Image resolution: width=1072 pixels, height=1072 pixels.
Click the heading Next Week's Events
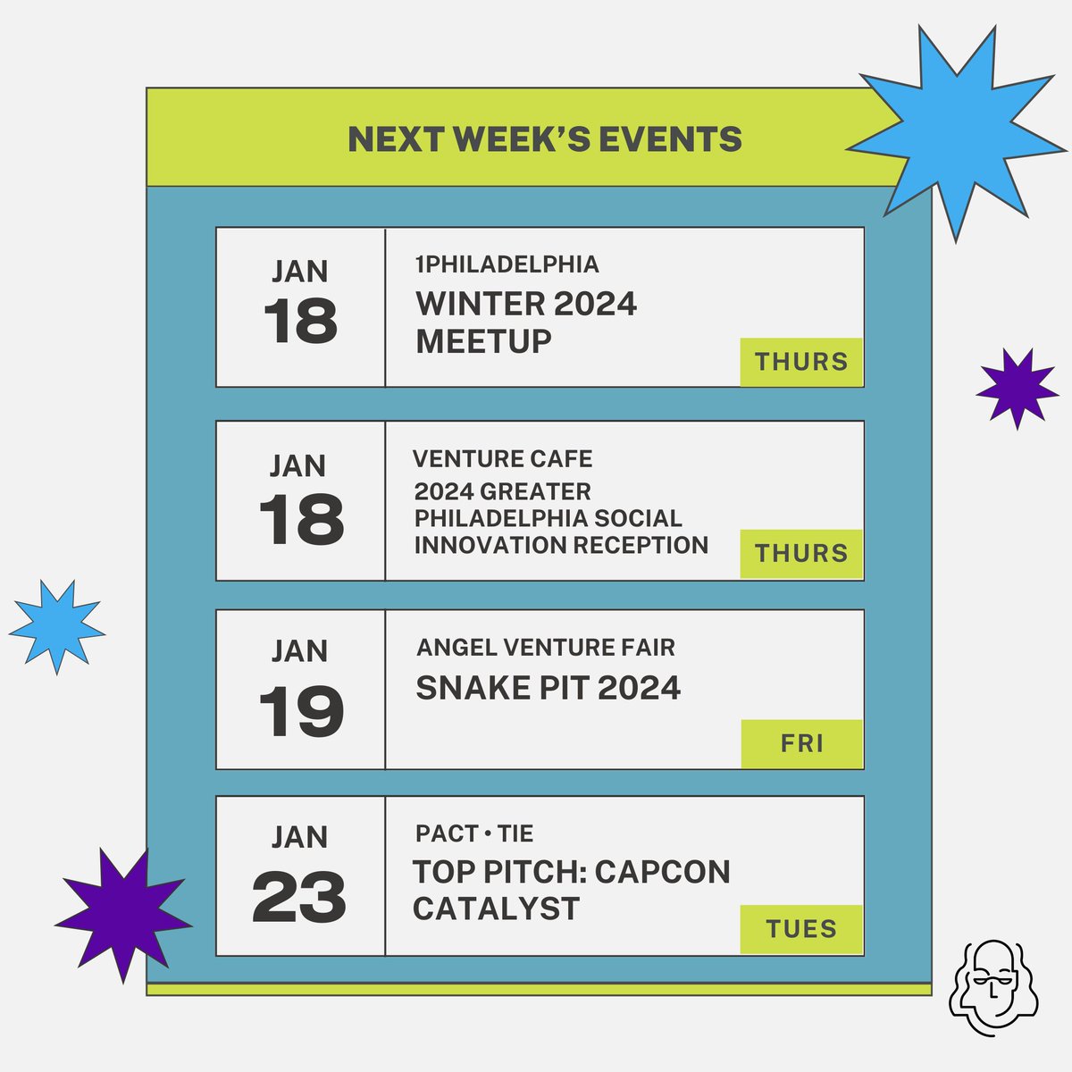(x=544, y=139)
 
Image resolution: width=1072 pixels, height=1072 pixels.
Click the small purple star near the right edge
(x=1016, y=388)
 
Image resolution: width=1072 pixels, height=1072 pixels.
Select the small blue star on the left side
(x=57, y=625)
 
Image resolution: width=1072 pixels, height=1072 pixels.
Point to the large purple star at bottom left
(x=122, y=915)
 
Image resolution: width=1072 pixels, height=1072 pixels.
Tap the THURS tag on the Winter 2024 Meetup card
(x=801, y=362)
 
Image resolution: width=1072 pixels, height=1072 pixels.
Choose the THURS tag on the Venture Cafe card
(x=801, y=554)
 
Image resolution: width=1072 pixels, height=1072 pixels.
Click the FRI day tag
(x=801, y=743)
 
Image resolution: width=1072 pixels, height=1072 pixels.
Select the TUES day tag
(x=801, y=929)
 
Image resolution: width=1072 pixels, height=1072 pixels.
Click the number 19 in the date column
(x=301, y=712)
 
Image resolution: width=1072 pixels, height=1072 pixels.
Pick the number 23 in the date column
(x=299, y=898)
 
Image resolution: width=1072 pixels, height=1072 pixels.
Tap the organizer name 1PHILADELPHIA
(x=507, y=264)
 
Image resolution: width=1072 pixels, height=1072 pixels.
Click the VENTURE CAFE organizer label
(x=502, y=459)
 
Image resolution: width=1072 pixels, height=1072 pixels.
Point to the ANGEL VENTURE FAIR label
(x=546, y=647)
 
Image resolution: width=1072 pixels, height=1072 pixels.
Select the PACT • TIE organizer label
(x=474, y=833)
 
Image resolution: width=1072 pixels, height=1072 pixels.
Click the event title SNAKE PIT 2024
(x=549, y=688)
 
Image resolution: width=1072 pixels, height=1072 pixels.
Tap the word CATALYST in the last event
(x=496, y=909)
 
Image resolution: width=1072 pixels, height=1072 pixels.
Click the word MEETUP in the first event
(x=483, y=341)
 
